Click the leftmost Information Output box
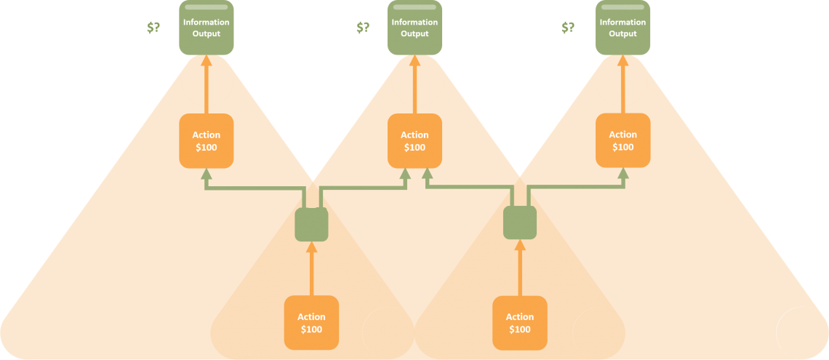pyautogui.click(x=207, y=28)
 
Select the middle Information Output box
pyautogui.click(x=414, y=28)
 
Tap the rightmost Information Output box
pyautogui.click(x=622, y=28)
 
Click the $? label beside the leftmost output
pyautogui.click(x=154, y=28)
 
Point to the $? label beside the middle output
pyautogui.click(x=363, y=28)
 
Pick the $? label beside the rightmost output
pyautogui.click(x=568, y=28)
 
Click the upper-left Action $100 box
pyautogui.click(x=207, y=140)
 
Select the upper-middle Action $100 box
pyautogui.click(x=414, y=140)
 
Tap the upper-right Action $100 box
pyautogui.click(x=622, y=140)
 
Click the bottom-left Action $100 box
pyautogui.click(x=311, y=323)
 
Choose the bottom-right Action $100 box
pyautogui.click(x=520, y=323)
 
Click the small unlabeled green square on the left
pyautogui.click(x=311, y=224)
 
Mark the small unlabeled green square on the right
pyautogui.click(x=520, y=223)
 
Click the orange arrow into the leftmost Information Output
pyautogui.click(x=207, y=84)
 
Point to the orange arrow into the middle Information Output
pyautogui.click(x=414, y=84)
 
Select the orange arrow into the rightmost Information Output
pyautogui.click(x=622, y=84)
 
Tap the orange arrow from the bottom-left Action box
pyautogui.click(x=311, y=268)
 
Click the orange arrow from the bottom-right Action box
pyautogui.click(x=520, y=268)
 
